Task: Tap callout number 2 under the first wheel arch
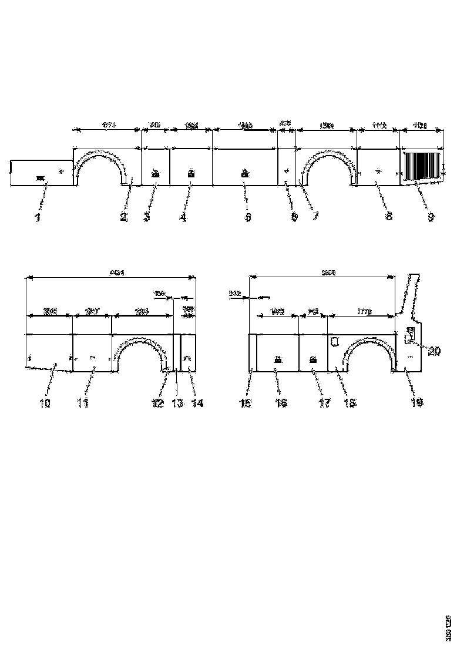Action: tap(123, 217)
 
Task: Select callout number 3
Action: tap(147, 217)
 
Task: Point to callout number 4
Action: tap(183, 217)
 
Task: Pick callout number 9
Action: tap(431, 217)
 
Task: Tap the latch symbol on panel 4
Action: tap(190, 173)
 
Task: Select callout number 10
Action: tap(45, 403)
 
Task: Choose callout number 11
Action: tap(83, 403)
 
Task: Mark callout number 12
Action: tap(157, 403)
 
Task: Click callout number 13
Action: tap(177, 403)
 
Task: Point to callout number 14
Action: tap(197, 403)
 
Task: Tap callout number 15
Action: tap(245, 403)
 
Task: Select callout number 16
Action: tap(280, 403)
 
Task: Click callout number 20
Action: tap(434, 351)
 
